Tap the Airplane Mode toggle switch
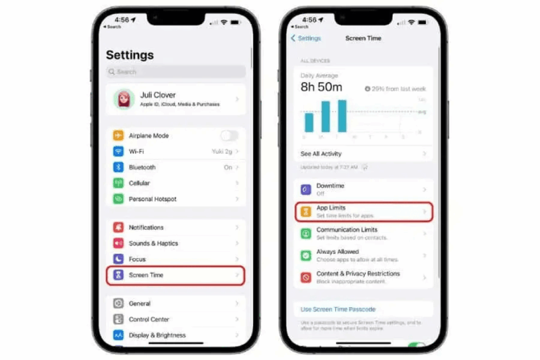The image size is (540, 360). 229,136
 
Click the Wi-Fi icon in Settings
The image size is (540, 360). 117,151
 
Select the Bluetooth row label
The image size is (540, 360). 142,167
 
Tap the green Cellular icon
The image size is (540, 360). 117,183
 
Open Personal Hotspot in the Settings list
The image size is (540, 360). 153,199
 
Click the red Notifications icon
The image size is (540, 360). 117,228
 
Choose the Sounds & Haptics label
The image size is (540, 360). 153,243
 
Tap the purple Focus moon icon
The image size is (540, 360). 117,259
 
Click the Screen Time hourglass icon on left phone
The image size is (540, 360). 117,275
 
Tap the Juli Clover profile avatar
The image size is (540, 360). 124,99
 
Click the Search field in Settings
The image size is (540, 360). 176,72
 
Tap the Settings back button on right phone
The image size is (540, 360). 306,38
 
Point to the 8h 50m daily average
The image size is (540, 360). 321,87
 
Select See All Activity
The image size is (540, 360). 321,153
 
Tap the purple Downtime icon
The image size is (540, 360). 306,190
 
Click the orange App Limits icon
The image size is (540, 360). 306,212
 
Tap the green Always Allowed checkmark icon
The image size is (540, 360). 306,255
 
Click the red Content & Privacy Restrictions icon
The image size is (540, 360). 306,277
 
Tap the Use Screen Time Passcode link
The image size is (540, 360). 337,309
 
